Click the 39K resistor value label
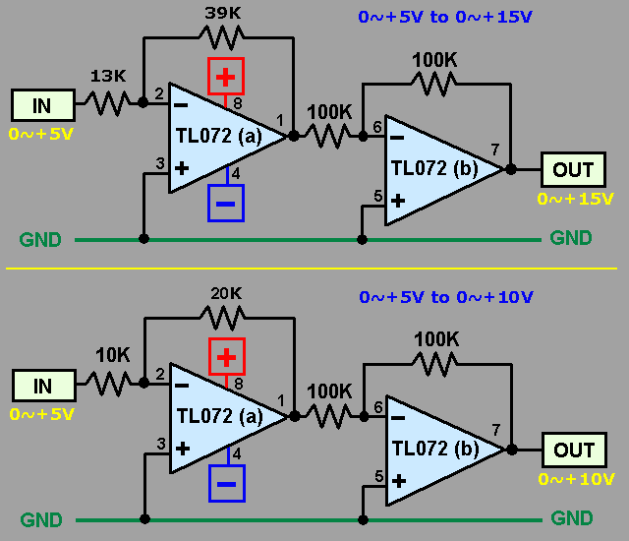click(x=223, y=13)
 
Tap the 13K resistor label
click(x=108, y=76)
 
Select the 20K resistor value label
click(x=226, y=294)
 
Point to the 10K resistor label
click(x=113, y=355)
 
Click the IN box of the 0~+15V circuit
click(x=43, y=105)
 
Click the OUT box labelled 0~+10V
click(x=574, y=450)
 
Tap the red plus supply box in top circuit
click(x=226, y=77)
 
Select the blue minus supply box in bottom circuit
click(x=227, y=483)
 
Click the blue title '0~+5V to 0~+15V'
click(x=445, y=17)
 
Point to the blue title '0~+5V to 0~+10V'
click(x=446, y=297)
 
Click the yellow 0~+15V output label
click(x=575, y=199)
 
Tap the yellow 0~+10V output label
click(x=576, y=479)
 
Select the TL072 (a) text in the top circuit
click(x=219, y=136)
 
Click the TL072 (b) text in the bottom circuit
click(x=435, y=449)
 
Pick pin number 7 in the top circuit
click(x=495, y=150)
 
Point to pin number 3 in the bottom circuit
click(x=161, y=444)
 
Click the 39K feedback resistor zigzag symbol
click(x=222, y=37)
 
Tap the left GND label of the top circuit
click(x=40, y=240)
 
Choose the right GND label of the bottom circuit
click(x=572, y=518)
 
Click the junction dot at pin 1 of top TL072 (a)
click(x=294, y=136)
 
